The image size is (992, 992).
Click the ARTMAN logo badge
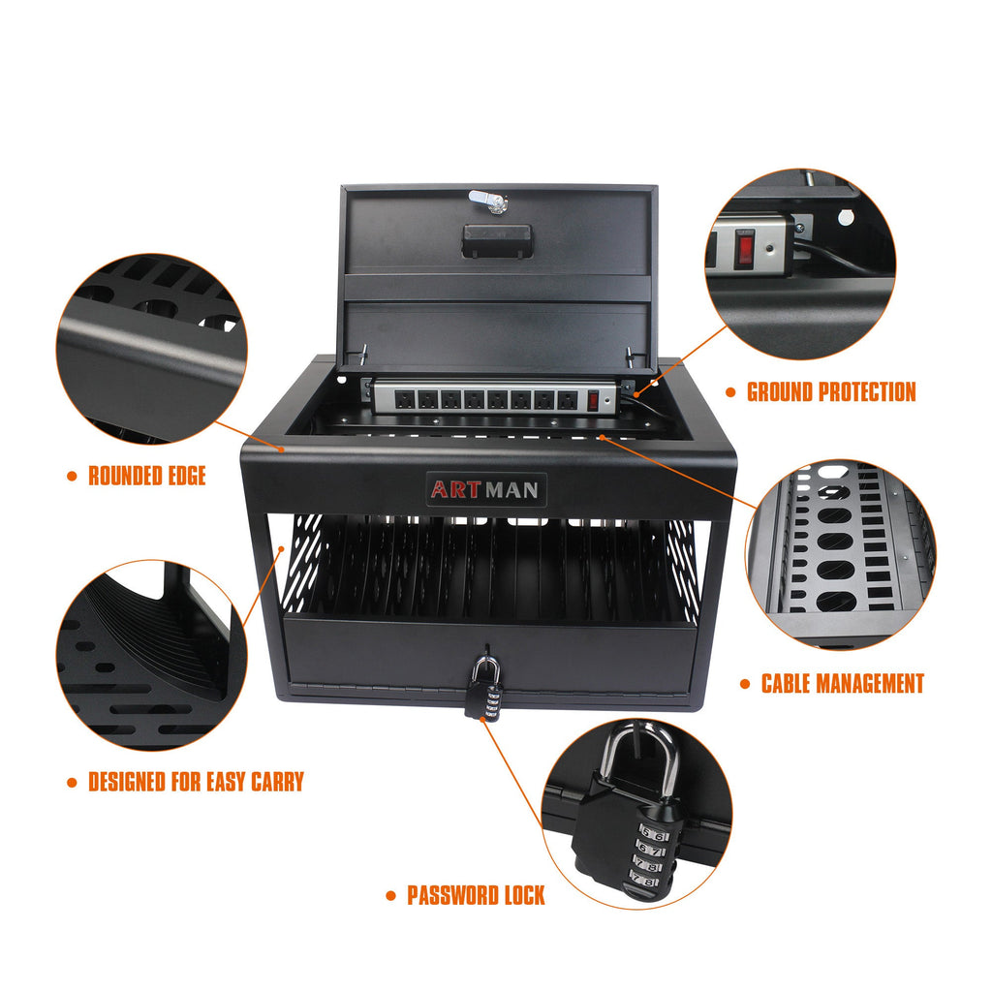486,489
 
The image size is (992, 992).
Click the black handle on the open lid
497,240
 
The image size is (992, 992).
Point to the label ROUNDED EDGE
147,476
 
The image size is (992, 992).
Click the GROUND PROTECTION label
830,391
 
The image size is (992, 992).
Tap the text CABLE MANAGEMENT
842,683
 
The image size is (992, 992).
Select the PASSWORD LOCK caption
475,895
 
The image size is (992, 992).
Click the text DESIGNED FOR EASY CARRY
196,781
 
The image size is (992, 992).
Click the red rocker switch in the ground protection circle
744,248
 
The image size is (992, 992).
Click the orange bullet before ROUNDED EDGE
72,476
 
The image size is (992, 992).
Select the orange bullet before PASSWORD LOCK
390,896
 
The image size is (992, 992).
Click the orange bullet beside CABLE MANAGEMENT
744,684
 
